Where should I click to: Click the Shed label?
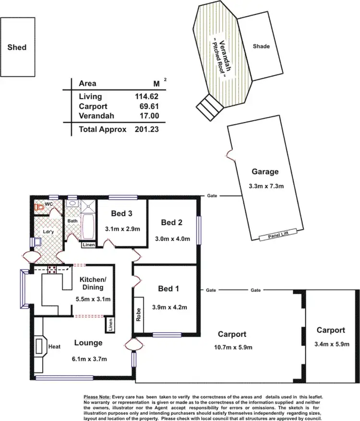click(17, 47)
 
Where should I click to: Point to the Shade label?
click(261, 47)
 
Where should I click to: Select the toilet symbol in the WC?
click(38, 207)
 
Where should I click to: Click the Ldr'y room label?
click(48, 232)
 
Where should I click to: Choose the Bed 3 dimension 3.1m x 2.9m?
click(122, 229)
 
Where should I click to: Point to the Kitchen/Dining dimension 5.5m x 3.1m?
click(94, 299)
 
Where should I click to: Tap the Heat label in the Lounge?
click(54, 346)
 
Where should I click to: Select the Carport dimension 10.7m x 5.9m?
click(231, 347)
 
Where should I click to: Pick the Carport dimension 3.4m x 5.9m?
click(330, 343)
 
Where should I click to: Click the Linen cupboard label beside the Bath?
click(88, 245)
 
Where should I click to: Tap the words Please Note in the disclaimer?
click(97, 397)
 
